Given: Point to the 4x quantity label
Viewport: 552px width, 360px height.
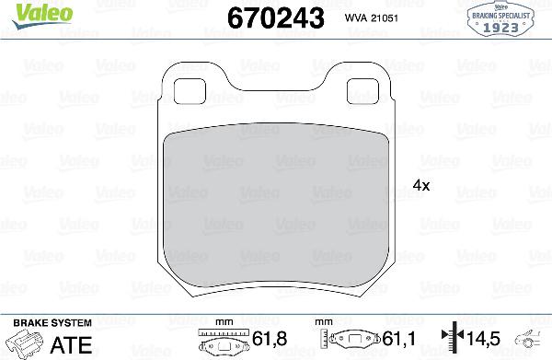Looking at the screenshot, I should [422, 184].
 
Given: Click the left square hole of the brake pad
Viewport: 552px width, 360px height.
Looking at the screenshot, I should [191, 89].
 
